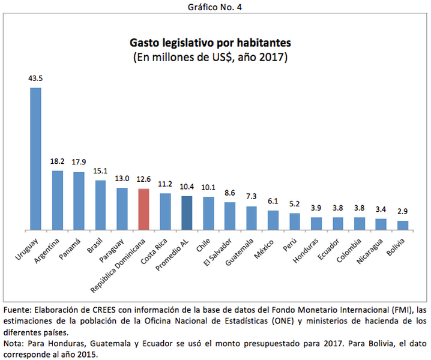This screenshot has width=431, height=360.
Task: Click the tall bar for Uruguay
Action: [x=35, y=159]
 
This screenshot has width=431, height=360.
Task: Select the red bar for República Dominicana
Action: [x=143, y=209]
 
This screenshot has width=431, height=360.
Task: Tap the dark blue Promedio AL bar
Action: [x=187, y=213]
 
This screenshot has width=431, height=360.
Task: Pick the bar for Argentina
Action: [x=58, y=200]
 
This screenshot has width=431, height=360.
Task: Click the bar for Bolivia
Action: [x=403, y=225]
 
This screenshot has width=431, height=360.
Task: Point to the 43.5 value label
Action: [x=35, y=79]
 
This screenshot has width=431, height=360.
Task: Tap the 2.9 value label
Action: [x=403, y=212]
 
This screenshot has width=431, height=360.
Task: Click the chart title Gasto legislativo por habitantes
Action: [x=211, y=43]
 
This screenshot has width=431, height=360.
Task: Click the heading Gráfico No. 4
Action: [x=215, y=7]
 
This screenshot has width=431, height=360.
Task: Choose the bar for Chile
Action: [x=208, y=214]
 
